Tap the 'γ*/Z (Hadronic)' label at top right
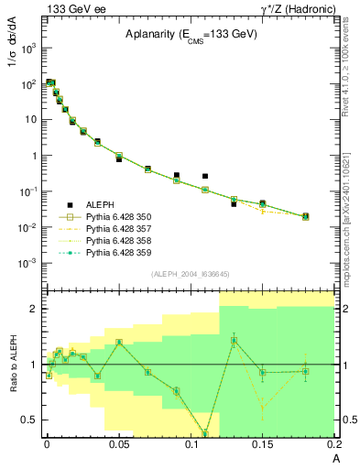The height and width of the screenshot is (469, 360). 294,8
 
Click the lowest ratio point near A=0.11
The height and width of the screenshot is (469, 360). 205,433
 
